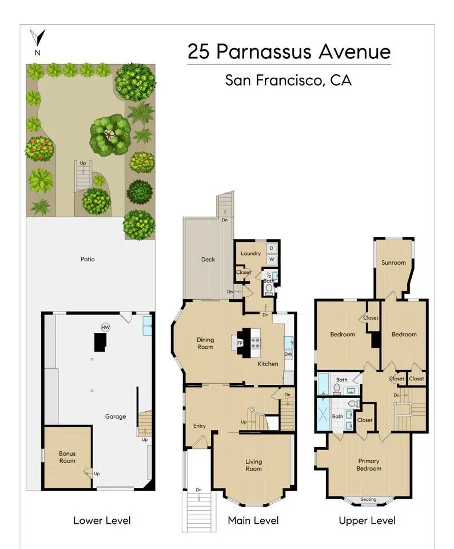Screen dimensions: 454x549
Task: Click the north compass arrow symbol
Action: (38, 38)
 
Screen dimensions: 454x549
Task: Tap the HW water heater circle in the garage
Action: (105, 327)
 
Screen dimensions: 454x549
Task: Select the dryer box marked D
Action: (272, 248)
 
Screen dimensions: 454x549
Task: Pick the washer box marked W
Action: (272, 260)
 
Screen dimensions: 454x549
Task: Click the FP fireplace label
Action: (240, 343)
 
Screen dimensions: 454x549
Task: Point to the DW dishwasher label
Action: (288, 355)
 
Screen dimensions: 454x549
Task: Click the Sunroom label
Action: (393, 262)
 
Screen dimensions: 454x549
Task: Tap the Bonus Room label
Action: (67, 457)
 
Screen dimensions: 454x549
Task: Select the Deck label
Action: (208, 260)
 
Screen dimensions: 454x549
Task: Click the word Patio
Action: (87, 259)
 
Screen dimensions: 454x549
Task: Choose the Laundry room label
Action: (250, 253)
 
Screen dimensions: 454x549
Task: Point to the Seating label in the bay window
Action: (368, 499)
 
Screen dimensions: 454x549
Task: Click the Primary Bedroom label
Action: (369, 464)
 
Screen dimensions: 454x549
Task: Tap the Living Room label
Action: (253, 465)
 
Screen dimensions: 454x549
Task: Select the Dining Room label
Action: (205, 343)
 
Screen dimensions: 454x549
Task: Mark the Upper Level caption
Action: (367, 520)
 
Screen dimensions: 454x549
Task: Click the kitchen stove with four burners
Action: (256, 343)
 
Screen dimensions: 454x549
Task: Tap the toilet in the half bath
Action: (269, 288)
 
